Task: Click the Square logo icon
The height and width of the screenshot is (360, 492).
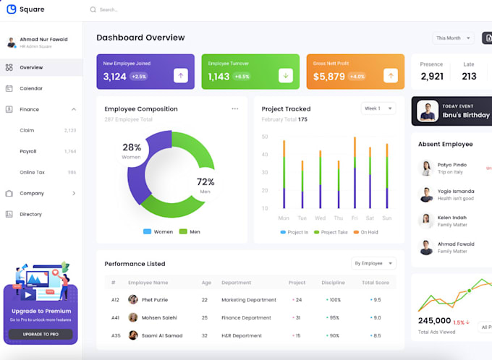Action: (x=11, y=9)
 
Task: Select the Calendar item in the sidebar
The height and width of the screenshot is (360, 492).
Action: (x=30, y=88)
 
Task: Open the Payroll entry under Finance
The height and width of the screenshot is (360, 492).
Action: (x=27, y=151)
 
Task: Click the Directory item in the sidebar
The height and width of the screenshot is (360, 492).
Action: (x=30, y=214)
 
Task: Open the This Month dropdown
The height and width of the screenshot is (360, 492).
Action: (x=453, y=38)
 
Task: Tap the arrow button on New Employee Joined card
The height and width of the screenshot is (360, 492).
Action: (x=180, y=75)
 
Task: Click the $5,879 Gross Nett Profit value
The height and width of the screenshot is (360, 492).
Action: (x=328, y=76)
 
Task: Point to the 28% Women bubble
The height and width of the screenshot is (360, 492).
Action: (x=132, y=150)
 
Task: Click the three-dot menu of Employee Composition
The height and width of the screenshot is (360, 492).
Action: (x=234, y=109)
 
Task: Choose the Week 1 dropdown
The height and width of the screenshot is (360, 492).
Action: (x=378, y=108)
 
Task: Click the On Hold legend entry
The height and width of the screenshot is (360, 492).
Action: (x=365, y=232)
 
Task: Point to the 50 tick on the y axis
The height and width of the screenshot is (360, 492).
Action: (x=265, y=137)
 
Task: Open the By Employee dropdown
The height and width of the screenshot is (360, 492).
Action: (x=373, y=263)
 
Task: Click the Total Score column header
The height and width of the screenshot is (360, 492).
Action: (x=376, y=283)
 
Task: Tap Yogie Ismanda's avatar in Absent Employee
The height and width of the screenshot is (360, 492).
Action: (x=426, y=194)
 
